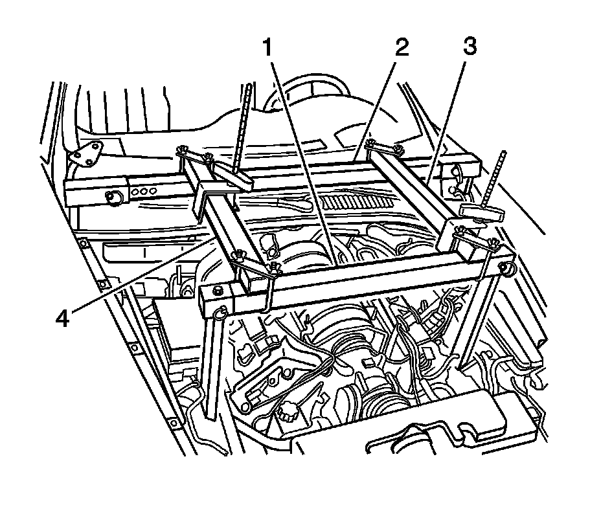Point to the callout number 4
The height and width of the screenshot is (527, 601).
coord(63,319)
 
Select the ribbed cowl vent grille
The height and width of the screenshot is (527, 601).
coord(359,203)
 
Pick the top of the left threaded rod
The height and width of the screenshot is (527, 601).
coord(250,87)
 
